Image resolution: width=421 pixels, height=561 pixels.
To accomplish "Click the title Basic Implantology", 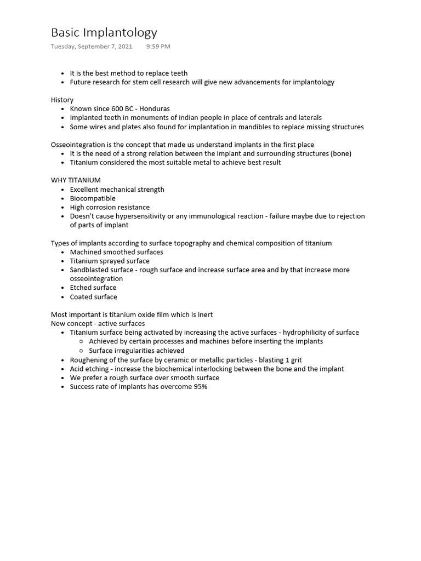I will coord(104,32).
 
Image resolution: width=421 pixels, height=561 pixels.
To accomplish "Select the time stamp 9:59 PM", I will coord(158,47).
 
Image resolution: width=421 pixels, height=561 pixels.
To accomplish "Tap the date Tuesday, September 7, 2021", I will coord(92,47).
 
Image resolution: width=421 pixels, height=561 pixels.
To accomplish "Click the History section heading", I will coord(62,100).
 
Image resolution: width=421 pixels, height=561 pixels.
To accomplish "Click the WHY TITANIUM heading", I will coord(76,180).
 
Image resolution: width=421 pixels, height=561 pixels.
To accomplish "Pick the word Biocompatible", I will coord(93,198).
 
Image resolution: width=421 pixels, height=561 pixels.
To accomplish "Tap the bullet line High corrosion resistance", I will coord(110,207).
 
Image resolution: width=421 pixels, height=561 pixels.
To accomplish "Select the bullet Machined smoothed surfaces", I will coord(116,252).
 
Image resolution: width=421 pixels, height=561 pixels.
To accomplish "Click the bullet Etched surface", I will coord(93,288).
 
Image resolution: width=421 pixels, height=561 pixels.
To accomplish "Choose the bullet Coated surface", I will coord(93,297).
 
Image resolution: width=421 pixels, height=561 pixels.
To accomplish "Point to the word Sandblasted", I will coord(89,270).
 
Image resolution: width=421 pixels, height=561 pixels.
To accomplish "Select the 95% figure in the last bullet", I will coord(200,387).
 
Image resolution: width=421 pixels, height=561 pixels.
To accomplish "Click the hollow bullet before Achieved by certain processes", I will coord(81,341).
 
